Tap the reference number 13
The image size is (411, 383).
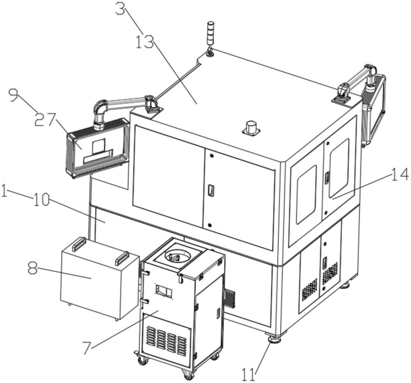[x=145, y=42]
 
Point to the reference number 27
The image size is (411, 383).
[x=45, y=120]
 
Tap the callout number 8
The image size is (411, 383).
[x=32, y=267]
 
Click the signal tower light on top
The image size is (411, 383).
[x=210, y=39]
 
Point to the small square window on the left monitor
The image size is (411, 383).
[x=98, y=146]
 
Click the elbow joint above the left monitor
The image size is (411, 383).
[x=100, y=106]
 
